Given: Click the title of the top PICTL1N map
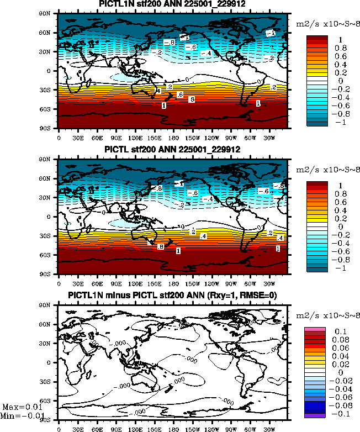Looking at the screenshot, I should pyautogui.click(x=172, y=5).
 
